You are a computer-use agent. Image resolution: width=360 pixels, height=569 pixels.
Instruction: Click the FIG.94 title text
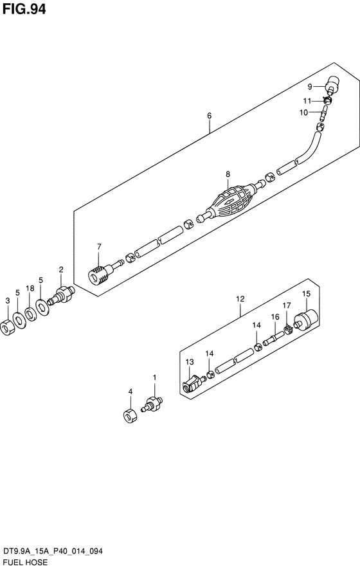coord(24,9)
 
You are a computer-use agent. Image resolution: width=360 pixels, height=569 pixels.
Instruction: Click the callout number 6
coord(210,116)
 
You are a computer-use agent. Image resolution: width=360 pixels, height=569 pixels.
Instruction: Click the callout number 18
coord(30,289)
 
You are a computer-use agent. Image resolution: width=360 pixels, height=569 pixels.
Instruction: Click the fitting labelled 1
coord(152,404)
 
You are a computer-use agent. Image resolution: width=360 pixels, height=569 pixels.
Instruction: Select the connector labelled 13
coord(192,384)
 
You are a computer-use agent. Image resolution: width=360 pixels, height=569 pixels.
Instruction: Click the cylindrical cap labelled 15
coord(307,320)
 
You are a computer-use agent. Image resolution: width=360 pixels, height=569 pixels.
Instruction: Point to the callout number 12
coord(240,299)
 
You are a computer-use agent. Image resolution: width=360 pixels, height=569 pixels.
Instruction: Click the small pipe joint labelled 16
coord(272,340)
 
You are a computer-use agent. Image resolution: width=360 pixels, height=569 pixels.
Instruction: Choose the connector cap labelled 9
coord(332,86)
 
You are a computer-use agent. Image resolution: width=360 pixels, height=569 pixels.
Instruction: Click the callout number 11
coord(307,101)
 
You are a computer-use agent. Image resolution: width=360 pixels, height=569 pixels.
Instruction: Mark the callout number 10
coord(303,113)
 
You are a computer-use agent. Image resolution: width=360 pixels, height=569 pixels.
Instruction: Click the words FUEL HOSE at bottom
coord(25,563)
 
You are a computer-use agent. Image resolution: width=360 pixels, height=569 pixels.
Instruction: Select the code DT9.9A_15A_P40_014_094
coord(53,552)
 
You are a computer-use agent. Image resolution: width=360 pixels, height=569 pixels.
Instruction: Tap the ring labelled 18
coord(30,313)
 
